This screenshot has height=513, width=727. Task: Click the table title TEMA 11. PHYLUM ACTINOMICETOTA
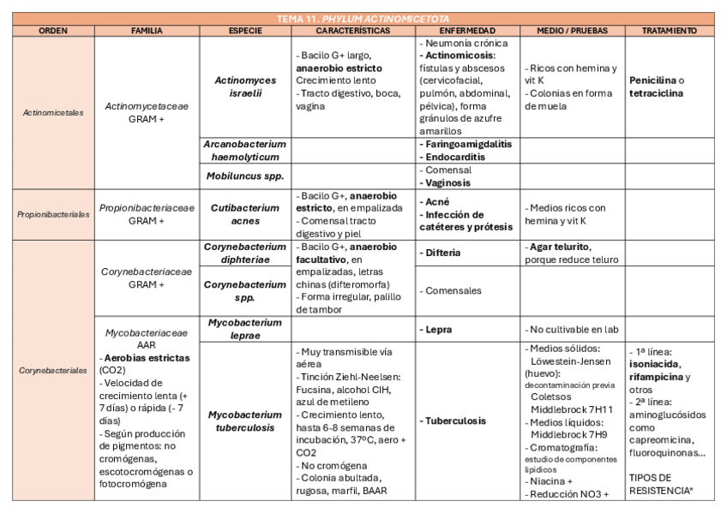pos(363,18)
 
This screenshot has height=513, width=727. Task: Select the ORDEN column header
pos(53,31)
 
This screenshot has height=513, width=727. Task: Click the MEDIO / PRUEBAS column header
pos(571,31)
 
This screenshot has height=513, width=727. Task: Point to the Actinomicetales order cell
pos(53,112)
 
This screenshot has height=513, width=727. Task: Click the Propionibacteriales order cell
pos(53,215)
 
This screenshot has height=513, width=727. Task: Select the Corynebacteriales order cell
pos(53,370)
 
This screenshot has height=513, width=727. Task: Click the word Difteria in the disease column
pos(442,254)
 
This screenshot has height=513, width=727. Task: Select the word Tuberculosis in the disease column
pos(455,421)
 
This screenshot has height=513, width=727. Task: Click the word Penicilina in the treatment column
pos(652,81)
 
